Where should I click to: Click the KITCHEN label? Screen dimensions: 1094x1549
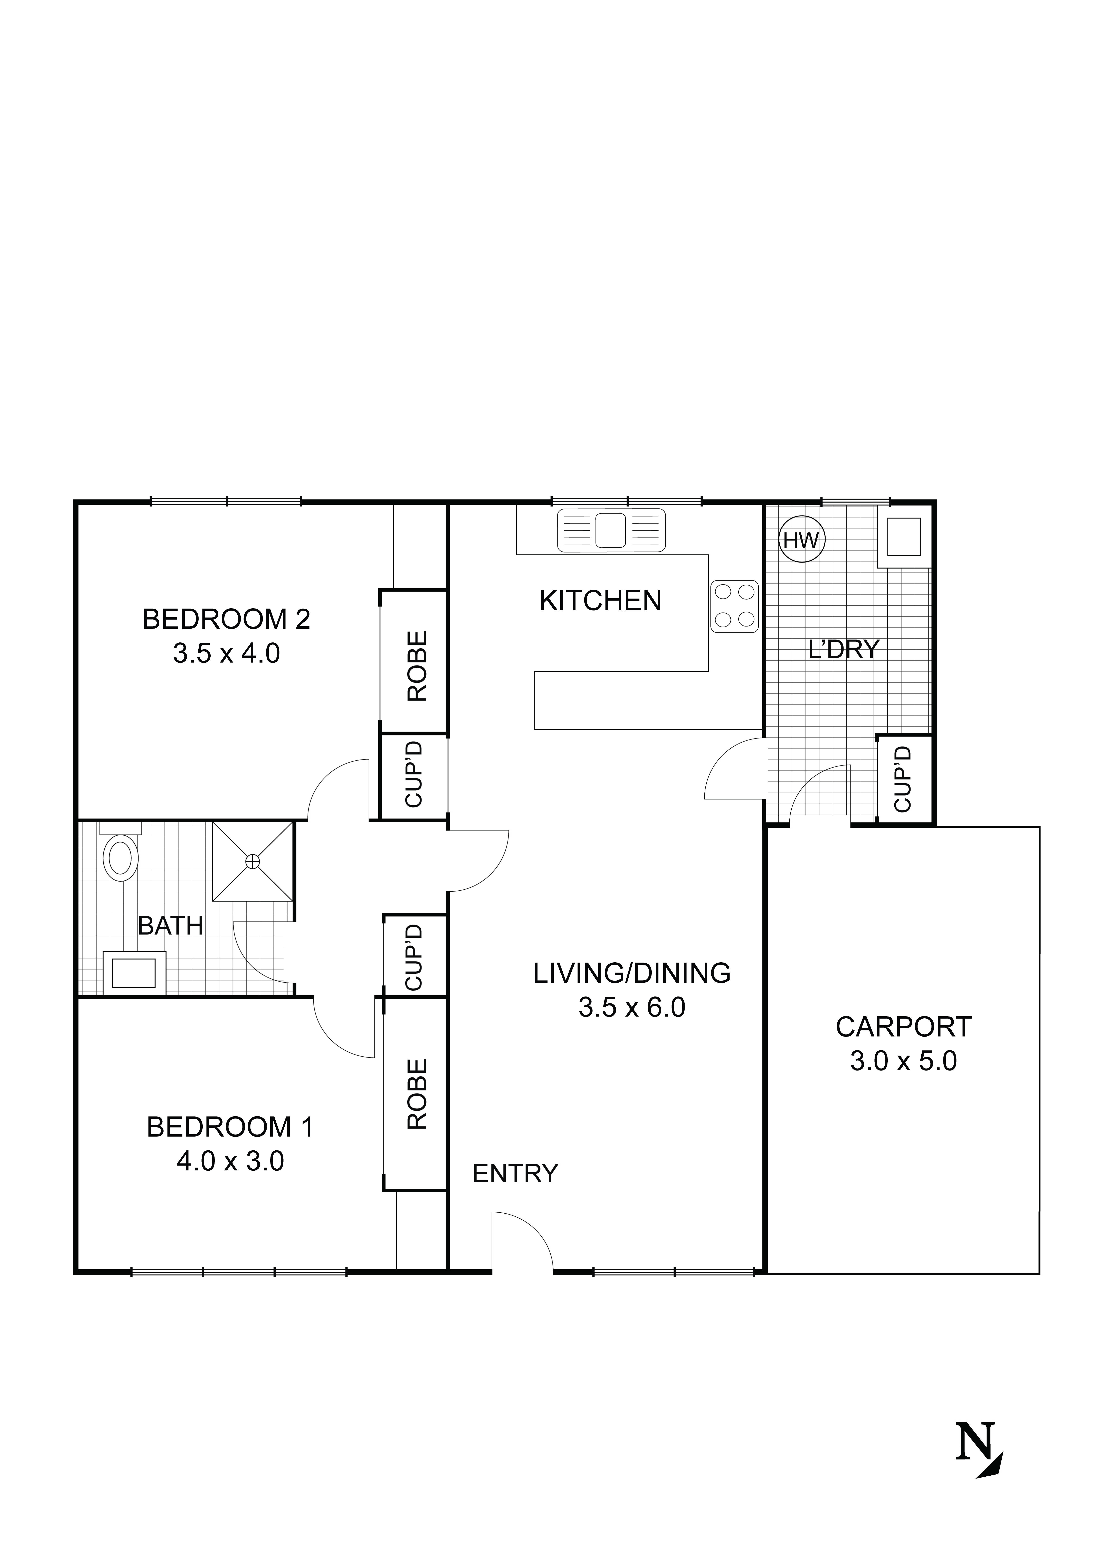click(x=600, y=600)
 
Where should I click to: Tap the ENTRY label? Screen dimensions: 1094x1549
click(x=515, y=1174)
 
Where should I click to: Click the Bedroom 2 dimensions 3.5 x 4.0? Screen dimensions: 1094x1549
click(x=227, y=653)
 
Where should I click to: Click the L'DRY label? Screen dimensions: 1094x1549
click(x=844, y=649)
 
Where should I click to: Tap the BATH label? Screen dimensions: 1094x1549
click(x=171, y=926)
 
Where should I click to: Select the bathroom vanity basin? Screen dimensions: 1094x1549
click(x=134, y=973)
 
